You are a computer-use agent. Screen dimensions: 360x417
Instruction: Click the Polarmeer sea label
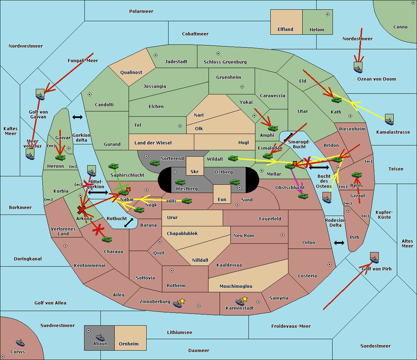coord(141,11)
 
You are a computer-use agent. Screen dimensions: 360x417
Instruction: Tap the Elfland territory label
coord(285,30)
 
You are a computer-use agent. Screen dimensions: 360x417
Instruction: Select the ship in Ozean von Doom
coord(358,67)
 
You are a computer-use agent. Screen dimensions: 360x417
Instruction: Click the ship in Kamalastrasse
coord(389,120)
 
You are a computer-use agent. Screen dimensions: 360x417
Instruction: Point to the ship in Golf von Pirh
coord(374,258)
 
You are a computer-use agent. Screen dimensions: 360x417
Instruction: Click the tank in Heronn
coord(60,157)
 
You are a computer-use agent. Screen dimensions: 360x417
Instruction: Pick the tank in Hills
coord(187,201)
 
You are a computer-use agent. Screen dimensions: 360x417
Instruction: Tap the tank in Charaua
coord(107,239)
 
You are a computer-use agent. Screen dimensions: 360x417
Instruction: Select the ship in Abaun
coord(100,337)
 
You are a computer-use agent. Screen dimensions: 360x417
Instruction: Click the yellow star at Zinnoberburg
coord(182,301)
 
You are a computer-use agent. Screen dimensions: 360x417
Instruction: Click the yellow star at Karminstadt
coord(245,299)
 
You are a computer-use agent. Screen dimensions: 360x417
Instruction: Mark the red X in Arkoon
coord(82,210)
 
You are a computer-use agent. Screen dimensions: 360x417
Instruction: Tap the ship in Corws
coord(20,343)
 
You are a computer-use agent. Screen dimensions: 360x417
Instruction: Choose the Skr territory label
coord(195,172)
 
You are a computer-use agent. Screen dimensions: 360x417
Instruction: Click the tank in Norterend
coord(155,163)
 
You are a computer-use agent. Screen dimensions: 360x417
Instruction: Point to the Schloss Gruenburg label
coord(225,62)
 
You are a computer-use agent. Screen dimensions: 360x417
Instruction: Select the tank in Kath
coord(336,100)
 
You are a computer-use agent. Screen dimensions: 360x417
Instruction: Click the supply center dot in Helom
coord(327,14)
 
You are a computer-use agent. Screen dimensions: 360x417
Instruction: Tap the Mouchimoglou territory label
coord(236,286)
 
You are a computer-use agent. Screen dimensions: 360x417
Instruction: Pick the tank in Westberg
coord(180,182)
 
